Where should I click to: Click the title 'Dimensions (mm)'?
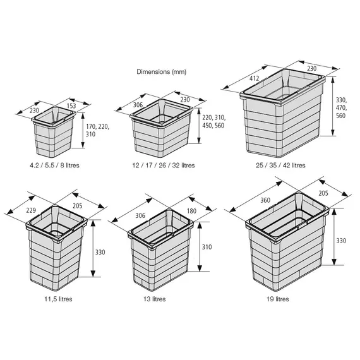pos(162,72)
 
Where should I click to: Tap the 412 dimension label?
pos(254,78)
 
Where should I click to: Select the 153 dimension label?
pos(71,106)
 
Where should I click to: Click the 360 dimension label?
pos(265,200)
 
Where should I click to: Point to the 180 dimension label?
pos(191,211)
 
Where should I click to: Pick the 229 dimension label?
pos(31,210)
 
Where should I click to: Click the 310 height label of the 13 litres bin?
pos(207,247)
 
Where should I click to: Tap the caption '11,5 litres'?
pos(58,299)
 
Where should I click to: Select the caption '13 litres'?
pos(155,299)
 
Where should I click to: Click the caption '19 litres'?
pos(278,299)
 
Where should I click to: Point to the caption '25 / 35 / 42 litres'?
pos(280,165)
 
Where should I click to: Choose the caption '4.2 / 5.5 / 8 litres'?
pos(55,165)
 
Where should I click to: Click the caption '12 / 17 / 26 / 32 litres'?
pos(164,165)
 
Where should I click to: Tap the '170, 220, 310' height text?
pos(97,130)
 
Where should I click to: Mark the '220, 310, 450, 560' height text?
pos(213,122)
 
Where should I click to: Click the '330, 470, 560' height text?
pos(342,108)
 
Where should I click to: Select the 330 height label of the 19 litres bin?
pos(341,241)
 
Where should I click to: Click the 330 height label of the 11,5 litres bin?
pos(100,253)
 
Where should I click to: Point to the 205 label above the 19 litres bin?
pos(323,193)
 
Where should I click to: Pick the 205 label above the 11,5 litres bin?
pos(78,206)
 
